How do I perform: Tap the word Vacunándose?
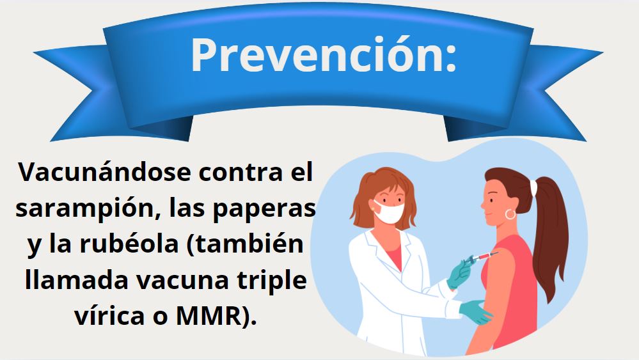coord(104,172)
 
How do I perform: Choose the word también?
coord(246,244)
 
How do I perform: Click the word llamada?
coord(76,280)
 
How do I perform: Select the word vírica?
coord(110,316)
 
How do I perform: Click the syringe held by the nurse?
coord(481,258)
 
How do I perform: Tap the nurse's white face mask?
coord(390,212)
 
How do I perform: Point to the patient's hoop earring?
coord(510,214)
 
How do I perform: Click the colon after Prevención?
coord(450,59)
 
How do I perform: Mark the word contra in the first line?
coord(241,173)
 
